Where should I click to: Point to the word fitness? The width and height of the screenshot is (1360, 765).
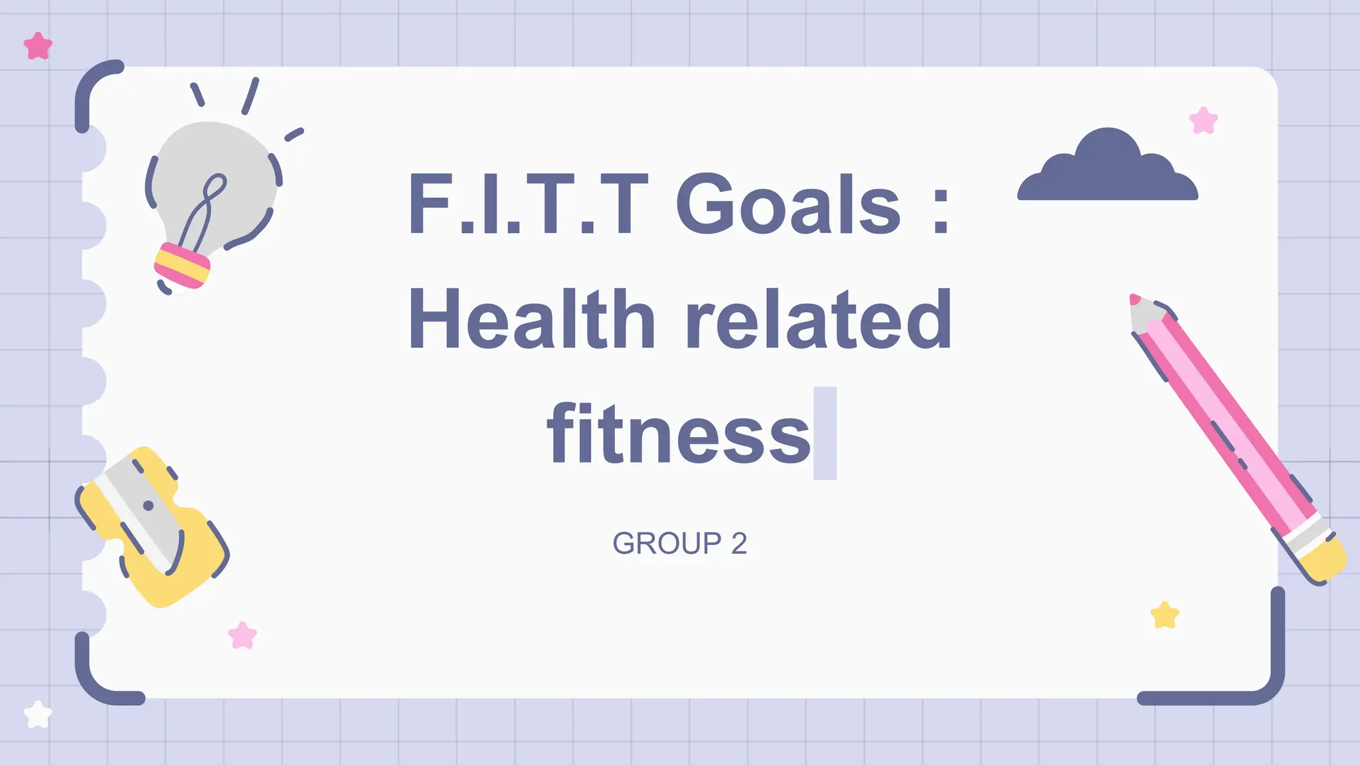[679, 434]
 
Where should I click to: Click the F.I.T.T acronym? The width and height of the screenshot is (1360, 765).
[528, 204]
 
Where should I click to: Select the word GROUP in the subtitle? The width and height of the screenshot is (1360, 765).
[667, 544]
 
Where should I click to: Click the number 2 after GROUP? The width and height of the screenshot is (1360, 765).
[739, 544]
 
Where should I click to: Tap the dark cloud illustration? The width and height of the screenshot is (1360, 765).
[1108, 169]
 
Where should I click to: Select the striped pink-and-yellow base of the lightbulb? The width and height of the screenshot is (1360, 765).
[181, 265]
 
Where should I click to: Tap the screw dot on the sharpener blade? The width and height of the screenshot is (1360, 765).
[149, 506]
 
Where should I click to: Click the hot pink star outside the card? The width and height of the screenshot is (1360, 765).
[38, 46]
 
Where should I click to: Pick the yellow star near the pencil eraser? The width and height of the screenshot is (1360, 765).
[1165, 615]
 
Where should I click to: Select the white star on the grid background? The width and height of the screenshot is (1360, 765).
[38, 715]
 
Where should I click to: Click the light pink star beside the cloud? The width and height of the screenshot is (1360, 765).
[1203, 121]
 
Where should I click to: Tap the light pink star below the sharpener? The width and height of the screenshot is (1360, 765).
[242, 636]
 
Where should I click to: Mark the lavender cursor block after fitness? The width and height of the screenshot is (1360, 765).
[825, 433]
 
